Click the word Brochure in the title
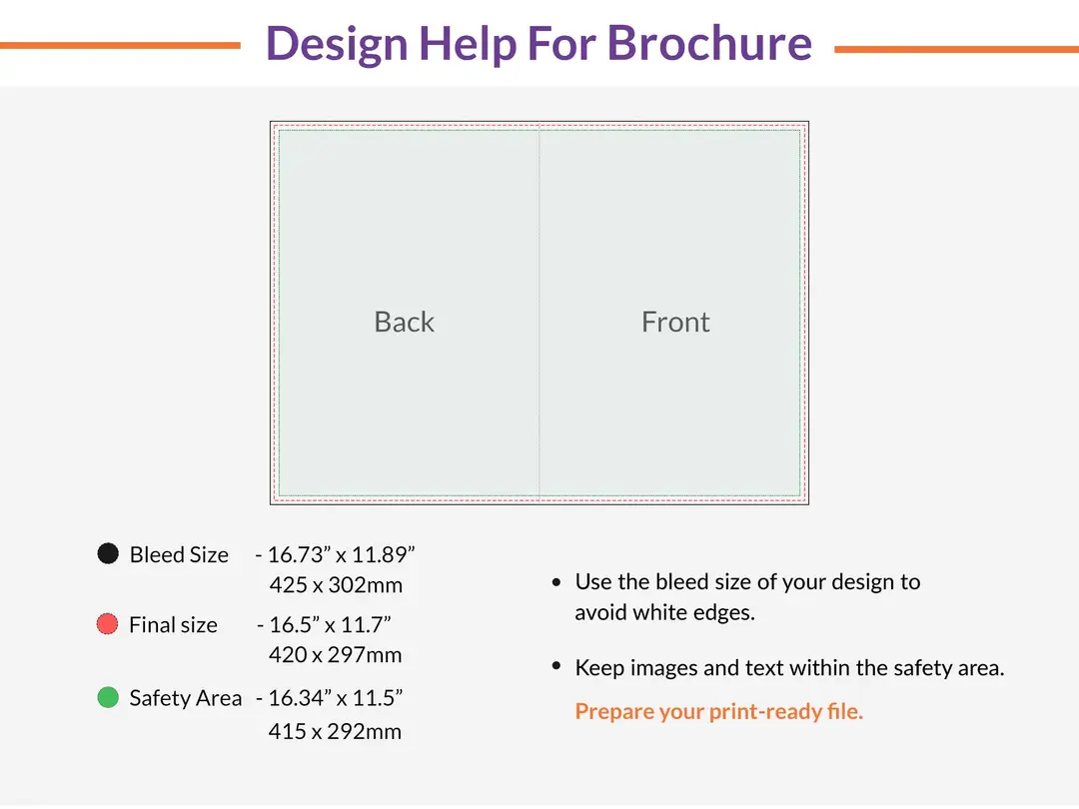[709, 43]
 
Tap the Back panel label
[404, 322]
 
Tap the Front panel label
[675, 322]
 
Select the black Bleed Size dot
[108, 553]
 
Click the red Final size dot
[108, 624]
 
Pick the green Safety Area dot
[108, 697]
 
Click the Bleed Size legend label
[179, 554]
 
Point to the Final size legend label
[173, 625]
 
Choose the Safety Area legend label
[185, 698]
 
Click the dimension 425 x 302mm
[336, 585]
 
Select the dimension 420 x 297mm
[336, 655]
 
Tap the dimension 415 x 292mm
[335, 731]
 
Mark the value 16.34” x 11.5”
[335, 698]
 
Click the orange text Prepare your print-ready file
[718, 712]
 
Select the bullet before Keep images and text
[556, 666]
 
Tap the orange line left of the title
[120, 46]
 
